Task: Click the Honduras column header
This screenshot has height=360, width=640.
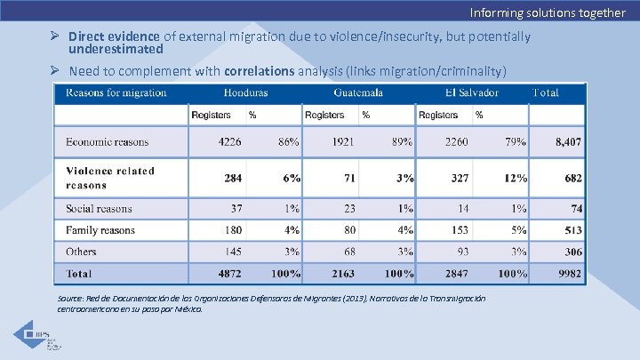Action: [x=245, y=92]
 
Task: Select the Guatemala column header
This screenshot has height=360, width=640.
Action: [x=358, y=92]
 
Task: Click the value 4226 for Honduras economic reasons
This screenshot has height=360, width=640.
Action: [x=230, y=141]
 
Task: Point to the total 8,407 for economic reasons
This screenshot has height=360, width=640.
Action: [x=568, y=141]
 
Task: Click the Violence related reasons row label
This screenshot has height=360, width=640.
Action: [x=110, y=178]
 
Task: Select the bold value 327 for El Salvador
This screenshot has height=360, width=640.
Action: [x=460, y=178]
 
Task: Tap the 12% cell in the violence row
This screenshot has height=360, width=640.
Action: [x=516, y=178]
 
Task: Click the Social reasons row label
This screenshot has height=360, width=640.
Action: [x=99, y=209]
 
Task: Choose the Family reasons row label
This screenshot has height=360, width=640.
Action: [x=100, y=230]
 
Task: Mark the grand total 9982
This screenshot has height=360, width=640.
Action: [x=570, y=273]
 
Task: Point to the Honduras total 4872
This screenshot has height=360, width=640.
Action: [x=230, y=273]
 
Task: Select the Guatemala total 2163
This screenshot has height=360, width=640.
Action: [x=343, y=273]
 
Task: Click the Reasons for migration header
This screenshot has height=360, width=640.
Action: [x=116, y=92]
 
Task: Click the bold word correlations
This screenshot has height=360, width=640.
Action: [x=259, y=70]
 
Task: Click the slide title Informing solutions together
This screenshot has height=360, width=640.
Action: [x=548, y=12]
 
